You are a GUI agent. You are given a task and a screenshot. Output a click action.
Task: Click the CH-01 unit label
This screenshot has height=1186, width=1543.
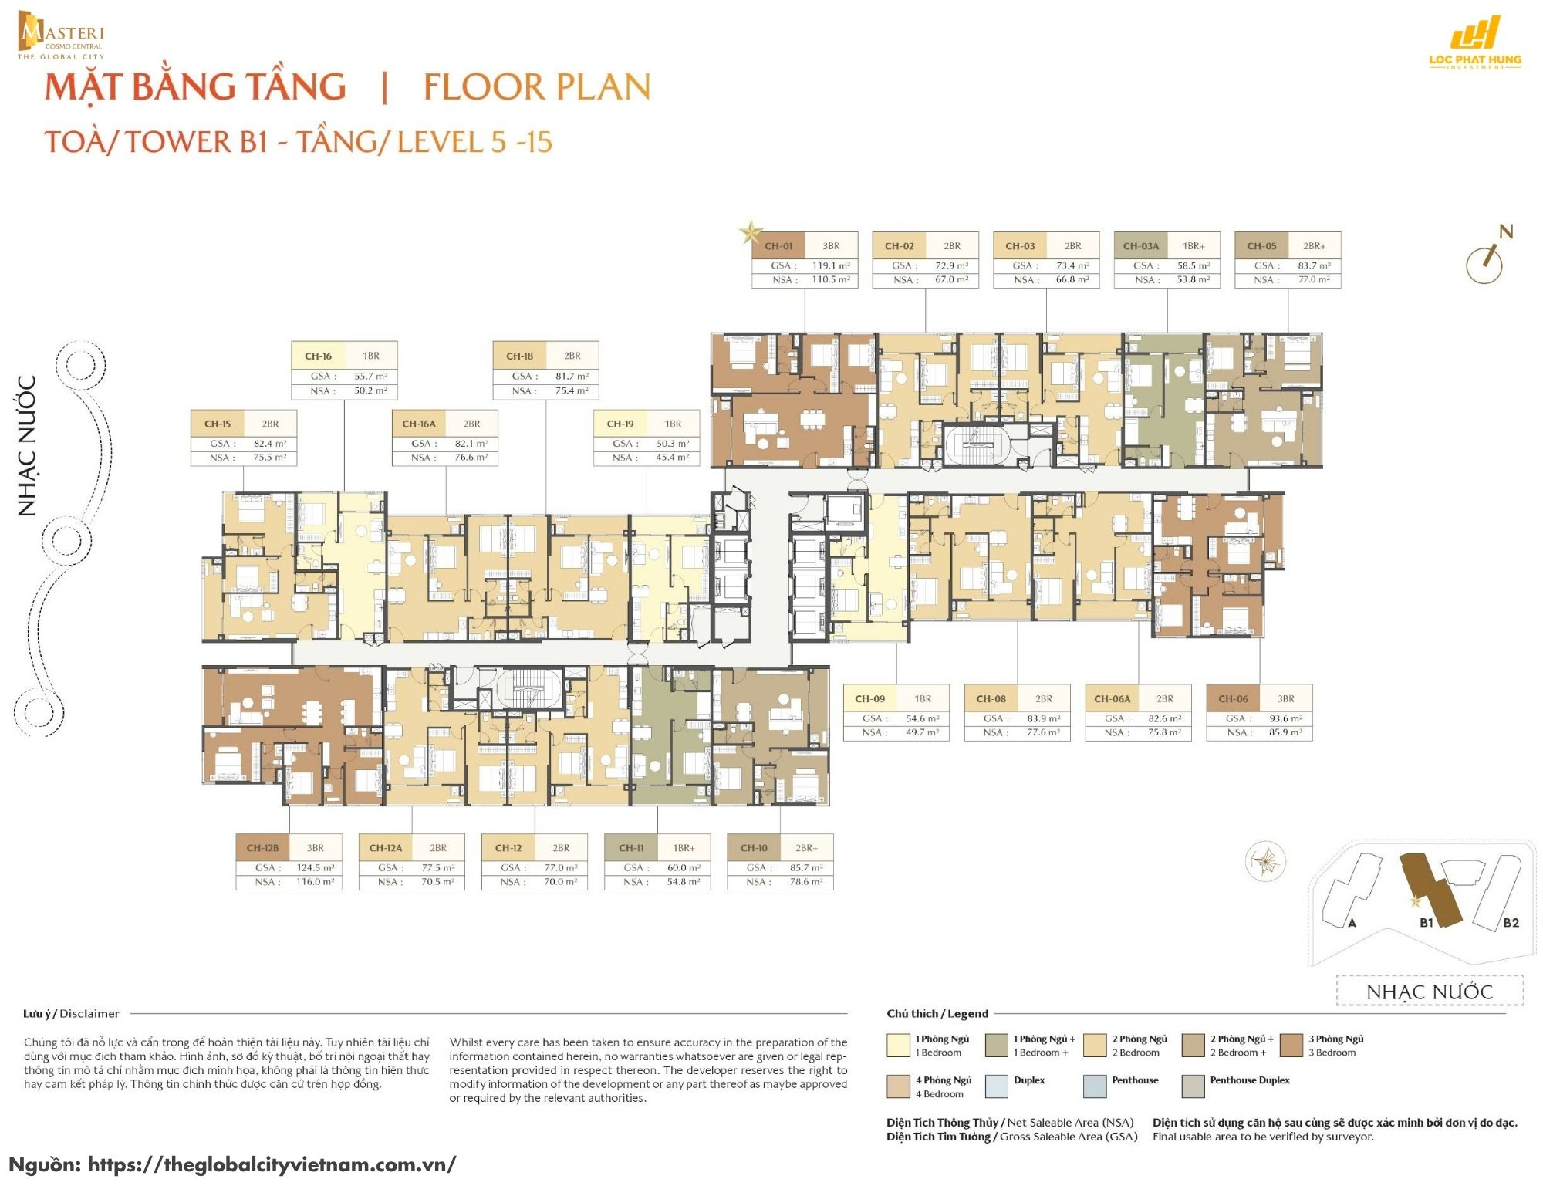tap(778, 246)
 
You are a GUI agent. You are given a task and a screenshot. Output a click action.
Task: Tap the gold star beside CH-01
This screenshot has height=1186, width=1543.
tap(750, 231)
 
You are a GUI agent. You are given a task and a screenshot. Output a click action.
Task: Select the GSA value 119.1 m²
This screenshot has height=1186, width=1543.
tap(830, 265)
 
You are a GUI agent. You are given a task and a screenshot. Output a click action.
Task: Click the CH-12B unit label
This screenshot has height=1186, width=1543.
tap(262, 847)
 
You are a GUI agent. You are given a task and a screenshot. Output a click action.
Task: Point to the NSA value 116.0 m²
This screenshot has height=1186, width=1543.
tap(315, 882)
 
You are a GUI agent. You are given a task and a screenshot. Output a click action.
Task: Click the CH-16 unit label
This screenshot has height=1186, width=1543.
tap(318, 356)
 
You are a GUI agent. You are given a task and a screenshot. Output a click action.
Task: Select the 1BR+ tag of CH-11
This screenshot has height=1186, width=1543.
tap(684, 847)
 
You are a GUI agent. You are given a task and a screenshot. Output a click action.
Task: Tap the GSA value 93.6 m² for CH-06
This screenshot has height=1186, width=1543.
tap(1285, 718)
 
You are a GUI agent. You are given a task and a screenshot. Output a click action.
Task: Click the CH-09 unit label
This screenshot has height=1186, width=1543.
tap(869, 698)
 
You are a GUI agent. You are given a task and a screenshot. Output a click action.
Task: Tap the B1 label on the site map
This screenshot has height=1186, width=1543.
tap(1426, 922)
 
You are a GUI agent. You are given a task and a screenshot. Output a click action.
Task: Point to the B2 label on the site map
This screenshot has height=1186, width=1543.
tap(1511, 922)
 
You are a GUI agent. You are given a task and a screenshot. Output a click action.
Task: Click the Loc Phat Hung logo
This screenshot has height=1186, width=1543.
tap(1474, 42)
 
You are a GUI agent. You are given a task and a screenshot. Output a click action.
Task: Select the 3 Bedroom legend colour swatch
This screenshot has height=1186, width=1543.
tap(1291, 1046)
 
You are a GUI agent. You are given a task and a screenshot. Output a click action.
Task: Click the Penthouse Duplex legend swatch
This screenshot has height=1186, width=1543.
tap(1193, 1086)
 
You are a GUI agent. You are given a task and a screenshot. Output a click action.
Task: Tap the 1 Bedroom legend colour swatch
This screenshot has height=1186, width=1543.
tap(898, 1046)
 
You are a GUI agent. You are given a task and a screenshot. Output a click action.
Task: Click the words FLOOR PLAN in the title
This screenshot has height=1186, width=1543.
tap(536, 86)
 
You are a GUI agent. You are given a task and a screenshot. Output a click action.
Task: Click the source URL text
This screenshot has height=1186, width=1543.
tap(272, 1164)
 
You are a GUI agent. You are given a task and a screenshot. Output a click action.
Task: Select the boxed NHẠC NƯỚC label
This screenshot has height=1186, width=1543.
tap(1429, 992)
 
